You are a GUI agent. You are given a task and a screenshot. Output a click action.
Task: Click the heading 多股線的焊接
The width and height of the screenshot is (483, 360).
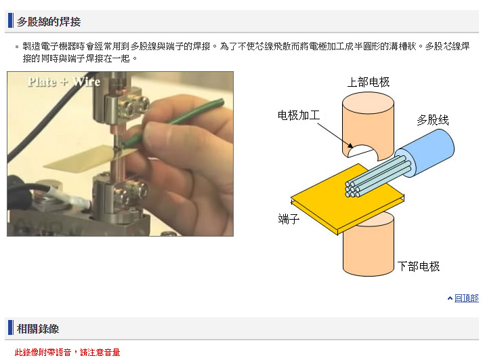pyautogui.click(x=49, y=22)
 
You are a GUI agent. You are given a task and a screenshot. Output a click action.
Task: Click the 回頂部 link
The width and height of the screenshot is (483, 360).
pyautogui.click(x=466, y=298)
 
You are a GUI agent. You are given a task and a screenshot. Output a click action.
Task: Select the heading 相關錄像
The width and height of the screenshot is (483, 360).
pyautogui.click(x=38, y=329)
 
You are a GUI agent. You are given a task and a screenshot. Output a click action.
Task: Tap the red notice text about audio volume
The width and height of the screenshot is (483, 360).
pyautogui.click(x=67, y=352)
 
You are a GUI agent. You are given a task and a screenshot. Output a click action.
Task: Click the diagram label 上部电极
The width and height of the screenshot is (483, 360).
pyautogui.click(x=369, y=82)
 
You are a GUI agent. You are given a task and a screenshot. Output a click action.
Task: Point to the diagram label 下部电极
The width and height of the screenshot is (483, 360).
pyautogui.click(x=419, y=266)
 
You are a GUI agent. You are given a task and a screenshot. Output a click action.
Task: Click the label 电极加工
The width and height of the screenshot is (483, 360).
pyautogui.click(x=299, y=115)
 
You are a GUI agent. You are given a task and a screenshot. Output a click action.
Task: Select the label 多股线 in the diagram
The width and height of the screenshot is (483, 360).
pyautogui.click(x=433, y=120)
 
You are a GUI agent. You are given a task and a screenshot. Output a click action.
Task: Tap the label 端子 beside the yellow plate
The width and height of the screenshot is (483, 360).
pyautogui.click(x=289, y=219)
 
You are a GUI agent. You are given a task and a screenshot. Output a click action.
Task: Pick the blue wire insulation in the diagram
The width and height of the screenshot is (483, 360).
pyautogui.click(x=428, y=152)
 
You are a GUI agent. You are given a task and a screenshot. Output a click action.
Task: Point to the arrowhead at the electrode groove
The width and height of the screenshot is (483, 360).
pyautogui.click(x=350, y=145)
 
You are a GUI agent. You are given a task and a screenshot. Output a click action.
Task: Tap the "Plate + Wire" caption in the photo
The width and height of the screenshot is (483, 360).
pyautogui.click(x=64, y=81)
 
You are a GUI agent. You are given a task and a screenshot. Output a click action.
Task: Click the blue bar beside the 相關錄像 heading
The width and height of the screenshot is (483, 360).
pyautogui.click(x=10, y=327)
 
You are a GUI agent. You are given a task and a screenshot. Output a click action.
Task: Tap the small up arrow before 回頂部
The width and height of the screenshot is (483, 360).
pyautogui.click(x=450, y=298)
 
